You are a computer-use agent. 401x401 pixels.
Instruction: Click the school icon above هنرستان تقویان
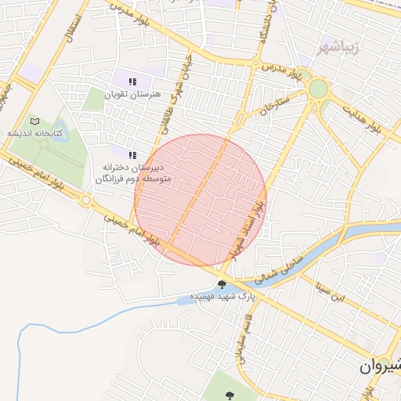tap(132, 81)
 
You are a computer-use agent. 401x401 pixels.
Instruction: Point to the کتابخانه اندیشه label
tap(35, 133)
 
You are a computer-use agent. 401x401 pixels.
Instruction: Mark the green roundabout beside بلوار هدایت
tap(318, 89)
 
